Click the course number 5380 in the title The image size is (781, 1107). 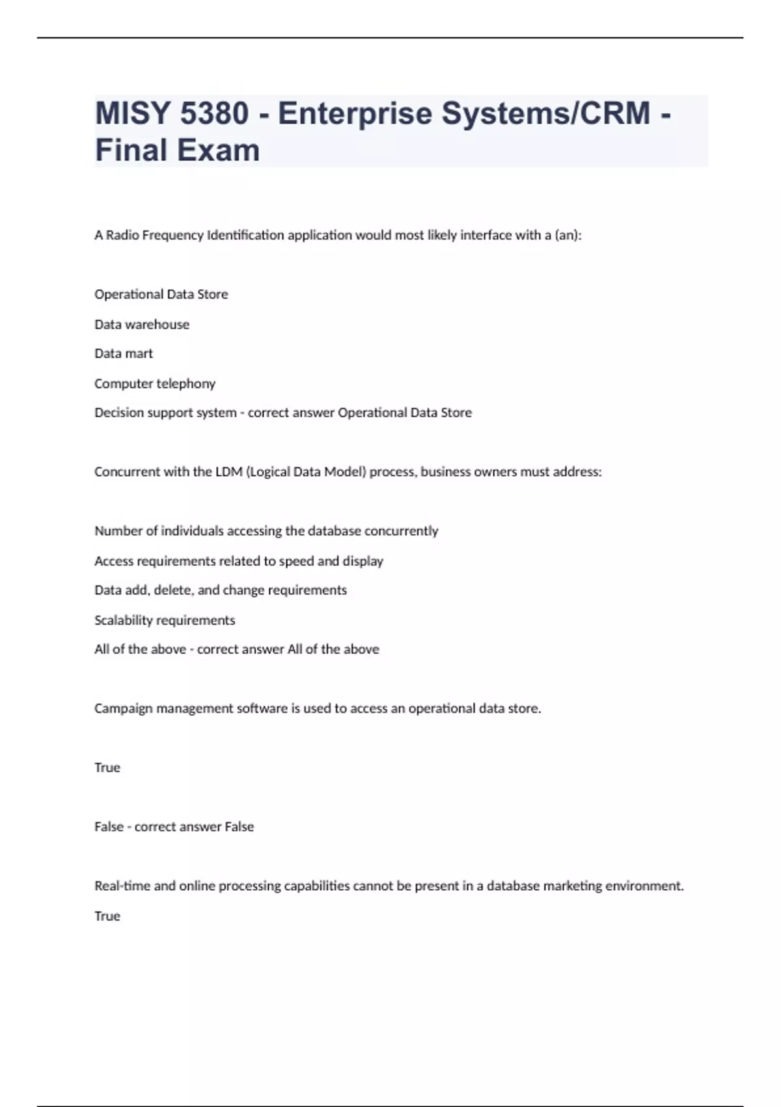[214, 113]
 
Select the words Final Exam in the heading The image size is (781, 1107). [177, 150]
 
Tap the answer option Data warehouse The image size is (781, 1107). [142, 324]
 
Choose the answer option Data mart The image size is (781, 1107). [124, 354]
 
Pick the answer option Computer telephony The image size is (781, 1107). [155, 384]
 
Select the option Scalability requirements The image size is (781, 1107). [165, 620]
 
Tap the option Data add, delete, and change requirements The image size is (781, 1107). [221, 590]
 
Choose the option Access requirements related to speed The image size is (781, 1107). [239, 561]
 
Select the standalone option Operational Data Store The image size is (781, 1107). [161, 294]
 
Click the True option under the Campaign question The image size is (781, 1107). [107, 768]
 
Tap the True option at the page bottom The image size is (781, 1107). [107, 916]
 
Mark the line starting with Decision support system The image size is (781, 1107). [283, 413]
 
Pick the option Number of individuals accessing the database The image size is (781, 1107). [266, 531]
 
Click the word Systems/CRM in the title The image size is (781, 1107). [546, 113]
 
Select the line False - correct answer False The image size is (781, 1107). [174, 827]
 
